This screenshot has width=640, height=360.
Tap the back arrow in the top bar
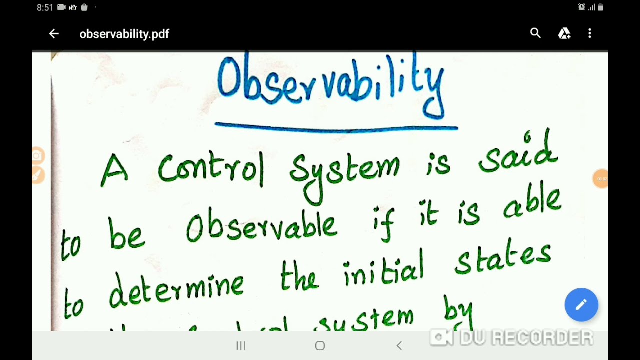pos(54,34)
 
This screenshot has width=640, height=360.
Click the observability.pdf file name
pos(124,34)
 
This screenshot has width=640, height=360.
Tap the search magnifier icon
pos(535,33)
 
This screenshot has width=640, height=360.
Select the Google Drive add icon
pos(564,33)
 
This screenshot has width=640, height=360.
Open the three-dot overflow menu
pos(590,33)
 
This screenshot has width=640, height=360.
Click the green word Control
pos(210,168)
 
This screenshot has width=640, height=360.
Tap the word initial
pos(383,274)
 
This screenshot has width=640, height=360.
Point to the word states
pos(503,260)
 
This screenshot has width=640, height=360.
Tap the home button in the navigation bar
pos(320,346)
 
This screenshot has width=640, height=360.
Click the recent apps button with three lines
pos(240,346)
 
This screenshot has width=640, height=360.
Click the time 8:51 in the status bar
pos(45,7)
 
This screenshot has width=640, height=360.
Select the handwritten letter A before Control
pos(114,170)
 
